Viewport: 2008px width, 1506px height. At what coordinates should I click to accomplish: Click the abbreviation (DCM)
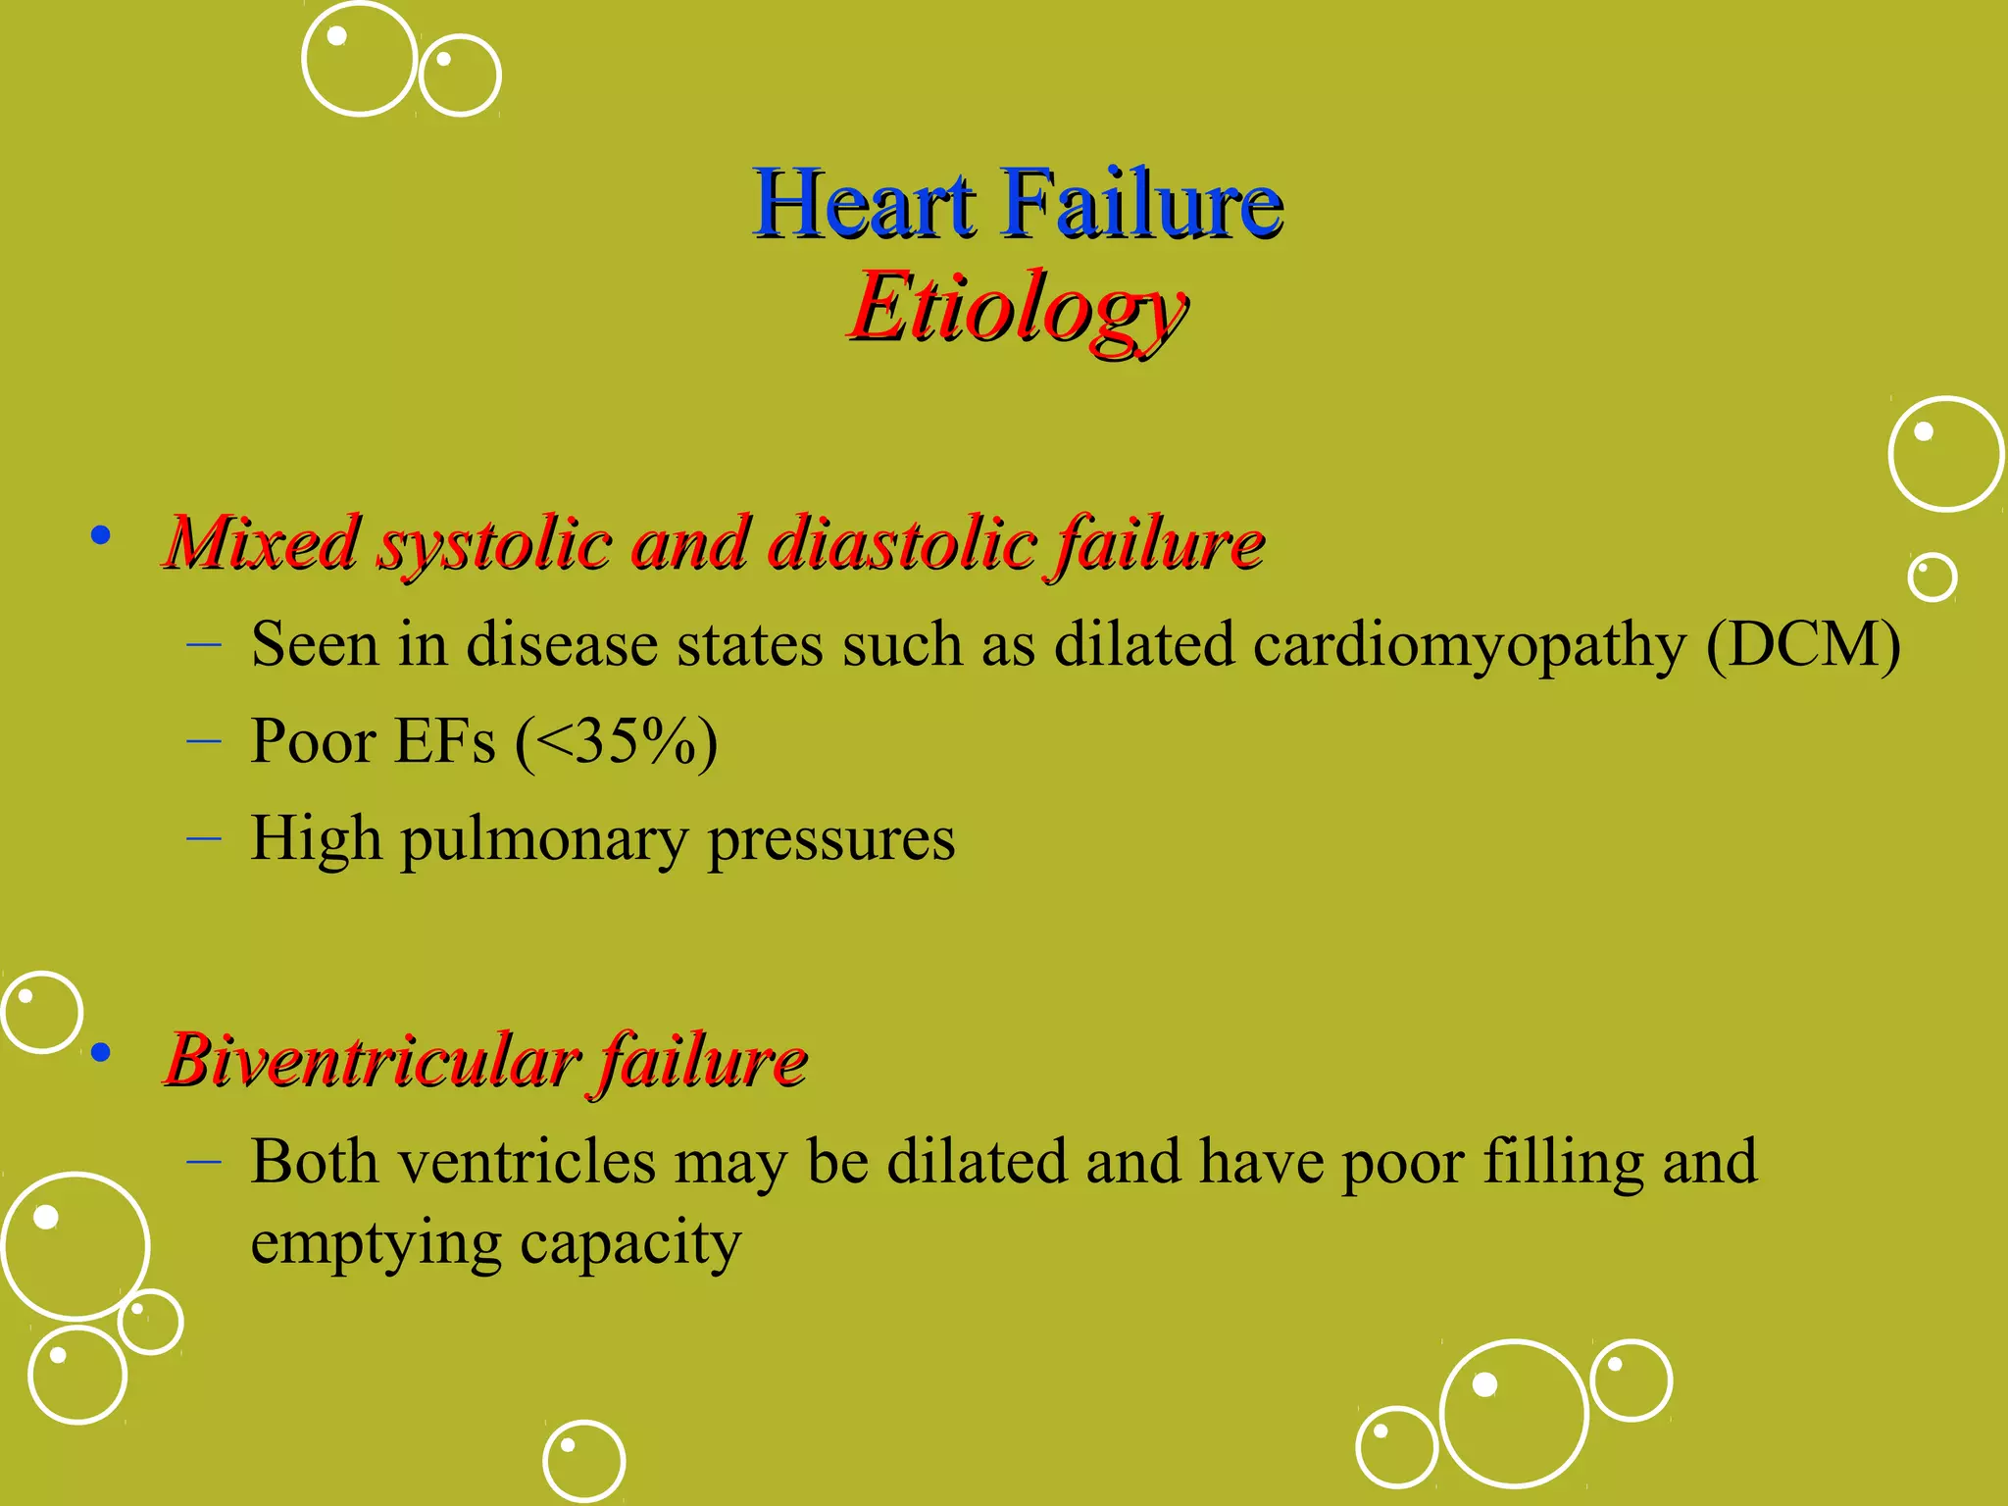click(x=1802, y=645)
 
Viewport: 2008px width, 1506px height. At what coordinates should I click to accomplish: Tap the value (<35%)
click(x=616, y=741)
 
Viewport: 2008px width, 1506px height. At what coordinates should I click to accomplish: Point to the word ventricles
click(x=527, y=1162)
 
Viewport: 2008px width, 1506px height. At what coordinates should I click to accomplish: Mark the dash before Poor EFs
click(x=203, y=742)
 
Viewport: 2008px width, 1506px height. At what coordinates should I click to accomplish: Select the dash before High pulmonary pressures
click(x=203, y=839)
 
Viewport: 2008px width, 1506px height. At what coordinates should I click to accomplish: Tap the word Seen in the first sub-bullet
click(x=315, y=645)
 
